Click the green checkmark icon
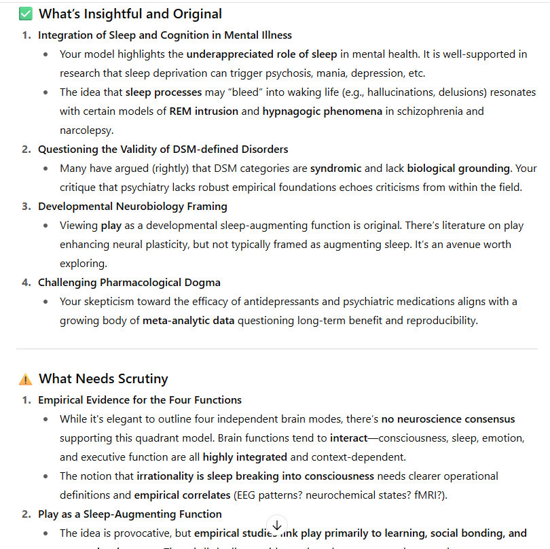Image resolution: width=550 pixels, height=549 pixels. (x=26, y=14)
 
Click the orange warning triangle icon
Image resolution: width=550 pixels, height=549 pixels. (x=26, y=379)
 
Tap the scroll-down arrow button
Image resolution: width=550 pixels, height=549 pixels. (x=277, y=525)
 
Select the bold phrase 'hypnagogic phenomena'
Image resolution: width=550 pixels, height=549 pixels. (x=323, y=111)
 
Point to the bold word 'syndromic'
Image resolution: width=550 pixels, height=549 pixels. (x=338, y=168)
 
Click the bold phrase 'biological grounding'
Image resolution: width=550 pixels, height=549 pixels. (x=459, y=168)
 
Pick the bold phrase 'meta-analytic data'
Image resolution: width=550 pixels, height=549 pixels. (x=188, y=320)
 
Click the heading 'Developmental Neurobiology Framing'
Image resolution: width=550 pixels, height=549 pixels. (x=132, y=206)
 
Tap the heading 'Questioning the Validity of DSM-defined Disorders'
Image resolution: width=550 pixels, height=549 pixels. (x=163, y=149)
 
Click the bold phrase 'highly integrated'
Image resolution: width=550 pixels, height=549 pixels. (x=244, y=457)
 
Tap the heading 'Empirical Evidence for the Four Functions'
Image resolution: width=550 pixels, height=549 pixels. (x=140, y=400)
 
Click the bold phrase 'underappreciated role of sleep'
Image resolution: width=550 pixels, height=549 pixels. (x=261, y=54)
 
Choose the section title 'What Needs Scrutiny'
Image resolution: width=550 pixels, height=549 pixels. (x=103, y=379)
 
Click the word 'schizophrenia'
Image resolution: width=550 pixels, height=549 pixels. (x=433, y=111)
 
